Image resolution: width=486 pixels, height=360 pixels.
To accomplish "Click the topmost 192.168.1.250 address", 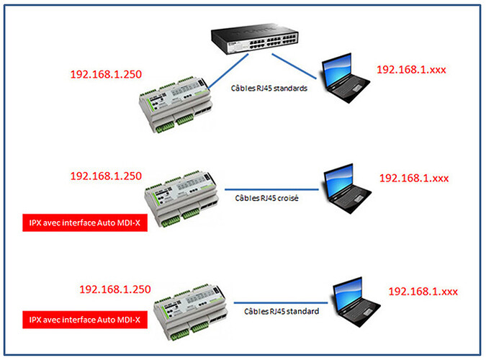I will coord(106,74).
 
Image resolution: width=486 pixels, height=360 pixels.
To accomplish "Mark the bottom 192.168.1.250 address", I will coord(114,289).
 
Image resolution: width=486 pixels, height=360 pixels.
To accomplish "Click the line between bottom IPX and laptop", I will coord(281,303).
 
